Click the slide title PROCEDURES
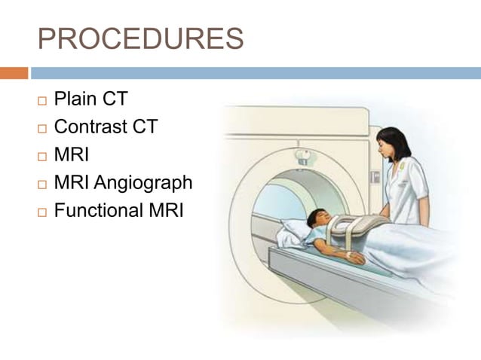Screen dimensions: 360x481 [140, 38]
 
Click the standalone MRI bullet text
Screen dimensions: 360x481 [72, 155]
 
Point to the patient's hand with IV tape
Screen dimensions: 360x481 [352, 257]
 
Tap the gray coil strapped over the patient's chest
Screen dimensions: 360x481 [360, 227]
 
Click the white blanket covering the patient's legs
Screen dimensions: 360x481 [422, 256]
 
